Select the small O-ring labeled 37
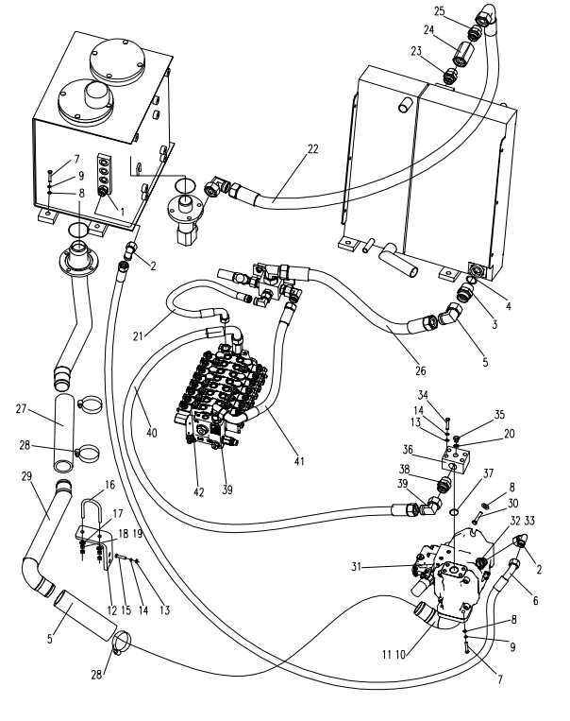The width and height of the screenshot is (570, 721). pyautogui.click(x=454, y=511)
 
